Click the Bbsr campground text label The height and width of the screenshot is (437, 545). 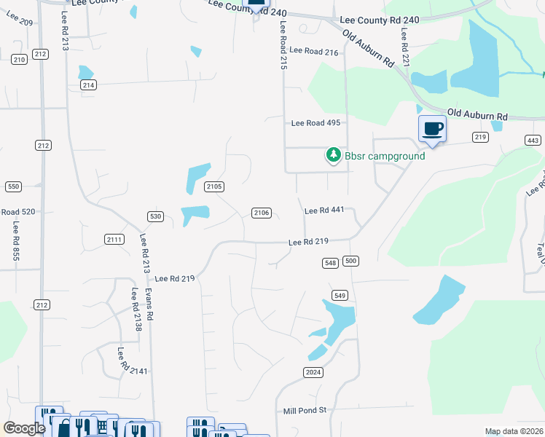385,156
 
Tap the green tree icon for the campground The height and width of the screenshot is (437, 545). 333,154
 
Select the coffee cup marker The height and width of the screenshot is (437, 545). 432,129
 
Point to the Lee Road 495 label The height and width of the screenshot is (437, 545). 315,123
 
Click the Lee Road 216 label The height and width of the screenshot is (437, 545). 314,51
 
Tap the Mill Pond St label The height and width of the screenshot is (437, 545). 305,411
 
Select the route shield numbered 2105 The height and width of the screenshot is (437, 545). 213,187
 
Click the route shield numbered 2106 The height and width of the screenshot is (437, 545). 262,213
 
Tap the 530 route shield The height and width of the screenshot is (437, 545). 154,216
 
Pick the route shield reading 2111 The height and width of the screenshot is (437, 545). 114,240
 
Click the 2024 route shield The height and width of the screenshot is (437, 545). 312,372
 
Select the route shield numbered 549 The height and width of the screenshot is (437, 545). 339,295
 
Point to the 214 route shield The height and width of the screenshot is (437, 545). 88,85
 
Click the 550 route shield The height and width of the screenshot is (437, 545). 13,186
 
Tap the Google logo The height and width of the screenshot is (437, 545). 24,428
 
